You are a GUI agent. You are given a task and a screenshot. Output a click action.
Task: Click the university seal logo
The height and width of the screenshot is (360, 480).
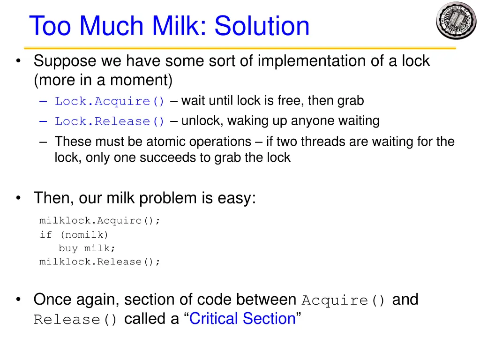click(456, 21)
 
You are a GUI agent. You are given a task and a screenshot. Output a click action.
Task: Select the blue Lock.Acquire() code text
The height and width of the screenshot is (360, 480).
click(110, 101)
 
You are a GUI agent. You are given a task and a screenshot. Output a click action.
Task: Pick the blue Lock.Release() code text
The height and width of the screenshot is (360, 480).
click(110, 121)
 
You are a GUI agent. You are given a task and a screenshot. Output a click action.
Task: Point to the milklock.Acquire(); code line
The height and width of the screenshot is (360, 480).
click(100, 220)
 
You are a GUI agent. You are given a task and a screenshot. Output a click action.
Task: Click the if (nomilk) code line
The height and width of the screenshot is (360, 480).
click(74, 234)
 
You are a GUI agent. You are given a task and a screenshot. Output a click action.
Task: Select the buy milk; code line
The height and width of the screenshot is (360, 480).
click(86, 248)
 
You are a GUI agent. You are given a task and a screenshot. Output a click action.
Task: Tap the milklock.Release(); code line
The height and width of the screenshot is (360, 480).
click(100, 262)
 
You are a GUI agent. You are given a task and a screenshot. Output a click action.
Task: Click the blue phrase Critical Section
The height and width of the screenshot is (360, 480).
click(242, 319)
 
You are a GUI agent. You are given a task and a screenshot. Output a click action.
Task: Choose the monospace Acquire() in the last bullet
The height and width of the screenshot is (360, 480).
click(344, 300)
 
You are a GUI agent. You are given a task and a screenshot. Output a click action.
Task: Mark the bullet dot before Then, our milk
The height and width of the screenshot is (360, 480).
click(18, 198)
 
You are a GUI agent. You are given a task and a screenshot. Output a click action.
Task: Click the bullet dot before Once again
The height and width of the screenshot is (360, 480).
click(18, 300)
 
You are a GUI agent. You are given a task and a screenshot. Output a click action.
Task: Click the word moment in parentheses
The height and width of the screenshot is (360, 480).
click(140, 81)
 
